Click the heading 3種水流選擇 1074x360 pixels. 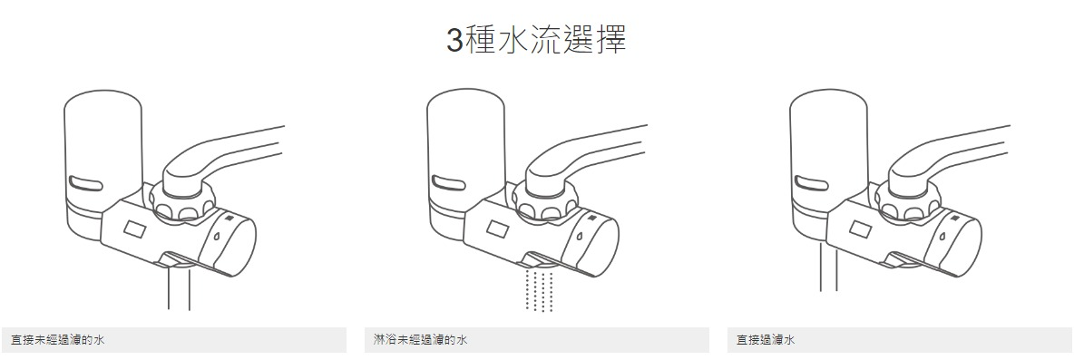536,41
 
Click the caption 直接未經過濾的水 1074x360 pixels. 58,339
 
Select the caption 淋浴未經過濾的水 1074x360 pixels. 421,339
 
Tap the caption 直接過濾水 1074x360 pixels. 766,339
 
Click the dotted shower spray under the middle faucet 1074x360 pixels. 539,290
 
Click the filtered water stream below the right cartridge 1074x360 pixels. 829,266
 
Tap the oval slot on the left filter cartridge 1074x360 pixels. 86,183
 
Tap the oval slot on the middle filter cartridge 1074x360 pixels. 449,183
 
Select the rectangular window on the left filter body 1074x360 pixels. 133,228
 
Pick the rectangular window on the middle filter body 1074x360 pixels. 496,228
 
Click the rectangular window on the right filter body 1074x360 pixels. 860,228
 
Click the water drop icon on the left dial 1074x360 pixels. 217,236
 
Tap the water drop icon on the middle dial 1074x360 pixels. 581,236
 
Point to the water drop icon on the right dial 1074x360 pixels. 943,236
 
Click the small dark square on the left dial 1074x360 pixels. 229,218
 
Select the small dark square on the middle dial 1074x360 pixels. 591,218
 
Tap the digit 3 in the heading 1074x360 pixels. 454,41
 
